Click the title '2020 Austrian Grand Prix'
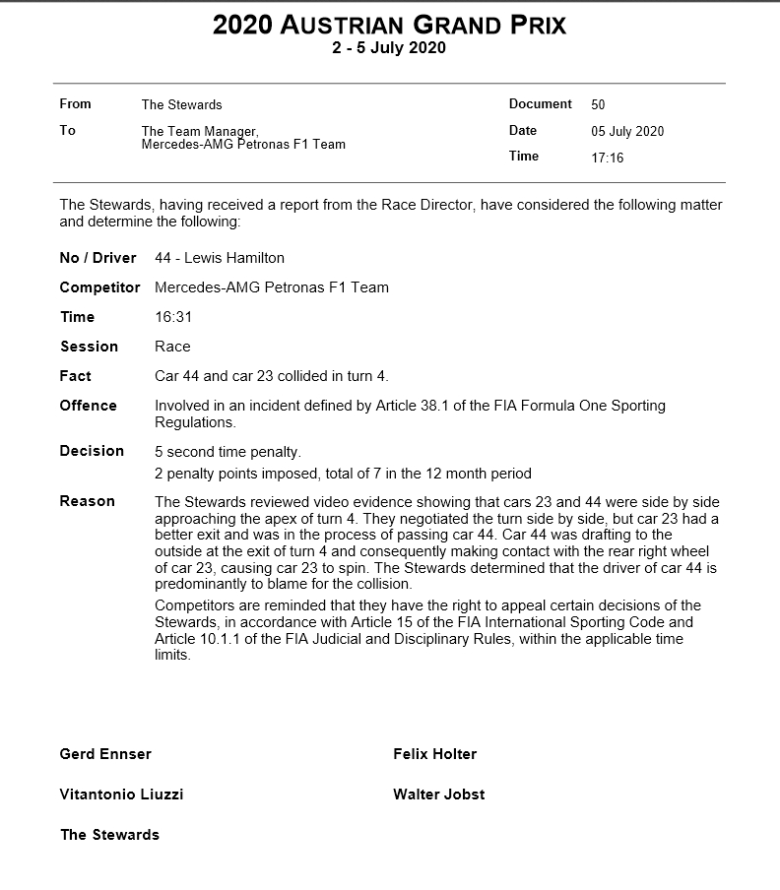tap(389, 25)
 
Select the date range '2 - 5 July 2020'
tap(389, 48)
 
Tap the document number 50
tap(599, 104)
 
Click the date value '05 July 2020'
tap(627, 131)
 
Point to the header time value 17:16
tap(607, 158)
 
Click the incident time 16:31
tap(172, 317)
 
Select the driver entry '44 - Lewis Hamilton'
tap(220, 258)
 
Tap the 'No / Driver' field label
tap(97, 258)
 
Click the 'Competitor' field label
tap(99, 287)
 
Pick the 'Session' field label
tap(89, 347)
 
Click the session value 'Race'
tap(172, 347)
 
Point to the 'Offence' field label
tap(88, 406)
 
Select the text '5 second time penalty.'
tap(227, 452)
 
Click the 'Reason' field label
tap(87, 501)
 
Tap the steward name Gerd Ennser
tap(105, 754)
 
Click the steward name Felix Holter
tap(434, 754)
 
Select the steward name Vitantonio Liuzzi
tap(121, 795)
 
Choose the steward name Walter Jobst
tap(438, 795)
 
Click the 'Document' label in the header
tap(540, 104)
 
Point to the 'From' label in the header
tap(75, 104)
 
